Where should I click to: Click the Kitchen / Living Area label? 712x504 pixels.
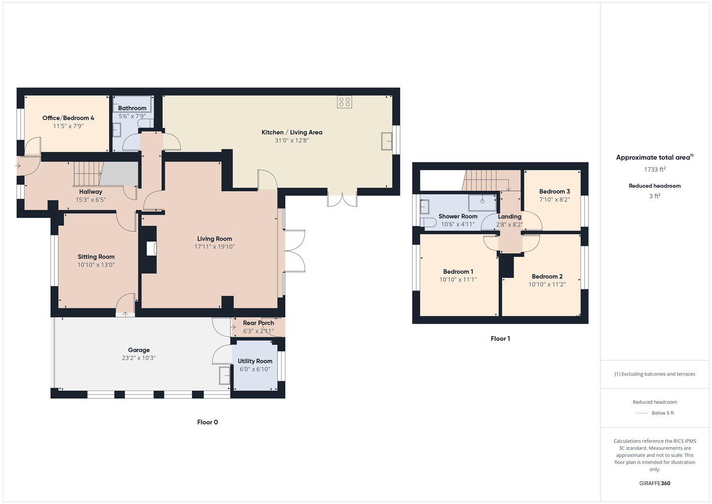[x=291, y=133]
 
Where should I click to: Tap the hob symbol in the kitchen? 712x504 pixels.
[x=345, y=102]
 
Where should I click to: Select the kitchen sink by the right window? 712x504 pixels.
[x=387, y=141]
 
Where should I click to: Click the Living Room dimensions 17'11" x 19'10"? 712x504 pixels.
[x=214, y=247]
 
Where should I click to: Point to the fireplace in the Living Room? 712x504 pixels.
[x=151, y=249]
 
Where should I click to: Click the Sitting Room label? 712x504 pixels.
[x=96, y=257]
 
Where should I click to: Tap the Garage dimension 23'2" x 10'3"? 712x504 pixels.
[x=138, y=358]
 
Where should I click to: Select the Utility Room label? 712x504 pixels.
[x=255, y=361]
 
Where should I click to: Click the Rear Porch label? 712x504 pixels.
[x=258, y=323]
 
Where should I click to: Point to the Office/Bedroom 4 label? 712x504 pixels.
[x=68, y=118]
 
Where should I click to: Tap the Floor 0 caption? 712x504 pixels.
[x=207, y=422]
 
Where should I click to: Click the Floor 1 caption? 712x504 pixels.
[x=500, y=339]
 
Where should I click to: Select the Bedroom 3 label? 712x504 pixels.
[x=554, y=191]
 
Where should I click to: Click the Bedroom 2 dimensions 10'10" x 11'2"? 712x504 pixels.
[x=547, y=285]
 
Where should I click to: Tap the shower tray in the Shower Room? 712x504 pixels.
[x=482, y=203]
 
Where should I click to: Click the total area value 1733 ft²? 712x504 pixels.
[x=655, y=169]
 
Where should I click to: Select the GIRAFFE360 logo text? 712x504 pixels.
[x=654, y=483]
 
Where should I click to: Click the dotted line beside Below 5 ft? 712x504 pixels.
[x=642, y=413]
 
